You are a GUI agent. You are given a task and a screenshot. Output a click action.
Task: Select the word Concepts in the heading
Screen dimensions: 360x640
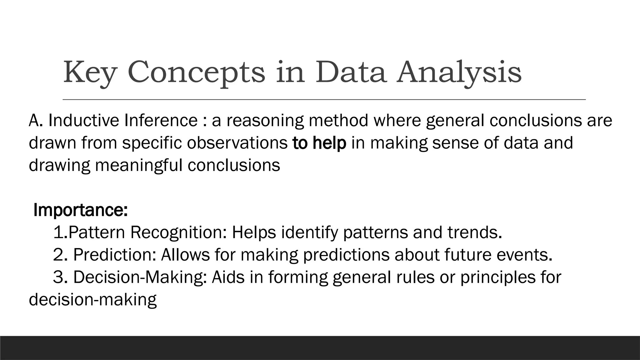(x=196, y=72)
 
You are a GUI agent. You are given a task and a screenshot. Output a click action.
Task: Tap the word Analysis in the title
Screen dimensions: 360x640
(x=459, y=72)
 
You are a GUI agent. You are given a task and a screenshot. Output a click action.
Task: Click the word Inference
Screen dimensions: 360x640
(x=161, y=121)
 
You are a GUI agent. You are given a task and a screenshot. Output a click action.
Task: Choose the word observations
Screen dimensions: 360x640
(x=237, y=143)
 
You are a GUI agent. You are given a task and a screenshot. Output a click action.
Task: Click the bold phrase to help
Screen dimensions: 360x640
(x=319, y=143)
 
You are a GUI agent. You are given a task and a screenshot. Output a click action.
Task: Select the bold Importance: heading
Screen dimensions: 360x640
(x=81, y=210)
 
